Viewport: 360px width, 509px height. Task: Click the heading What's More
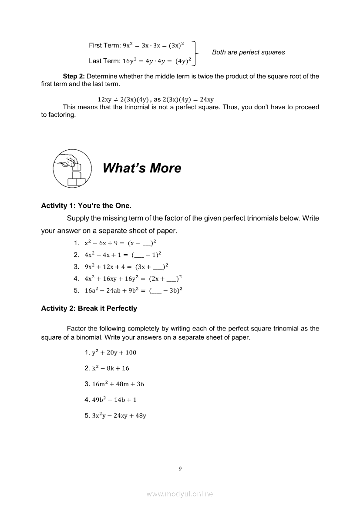pyautogui.click(x=142, y=168)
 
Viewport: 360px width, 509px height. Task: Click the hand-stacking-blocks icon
pyautogui.click(x=72, y=168)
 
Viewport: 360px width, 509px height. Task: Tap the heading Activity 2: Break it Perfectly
pyautogui.click(x=89, y=308)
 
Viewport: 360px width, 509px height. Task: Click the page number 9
pyautogui.click(x=180, y=469)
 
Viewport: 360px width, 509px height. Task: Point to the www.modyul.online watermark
pyautogui.click(x=180, y=494)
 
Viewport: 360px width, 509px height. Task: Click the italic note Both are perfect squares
pyautogui.click(x=248, y=52)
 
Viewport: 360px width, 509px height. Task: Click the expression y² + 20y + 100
pyautogui.click(x=111, y=352)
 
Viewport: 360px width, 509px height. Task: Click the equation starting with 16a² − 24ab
pyautogui.click(x=133, y=290)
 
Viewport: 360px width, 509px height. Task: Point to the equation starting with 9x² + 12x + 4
pyautogui.click(x=126, y=266)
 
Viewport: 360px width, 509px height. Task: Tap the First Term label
pyautogui.click(x=105, y=45)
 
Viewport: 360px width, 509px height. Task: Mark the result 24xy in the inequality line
pyautogui.click(x=205, y=99)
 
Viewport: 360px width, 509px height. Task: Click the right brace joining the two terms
pyautogui.click(x=197, y=53)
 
